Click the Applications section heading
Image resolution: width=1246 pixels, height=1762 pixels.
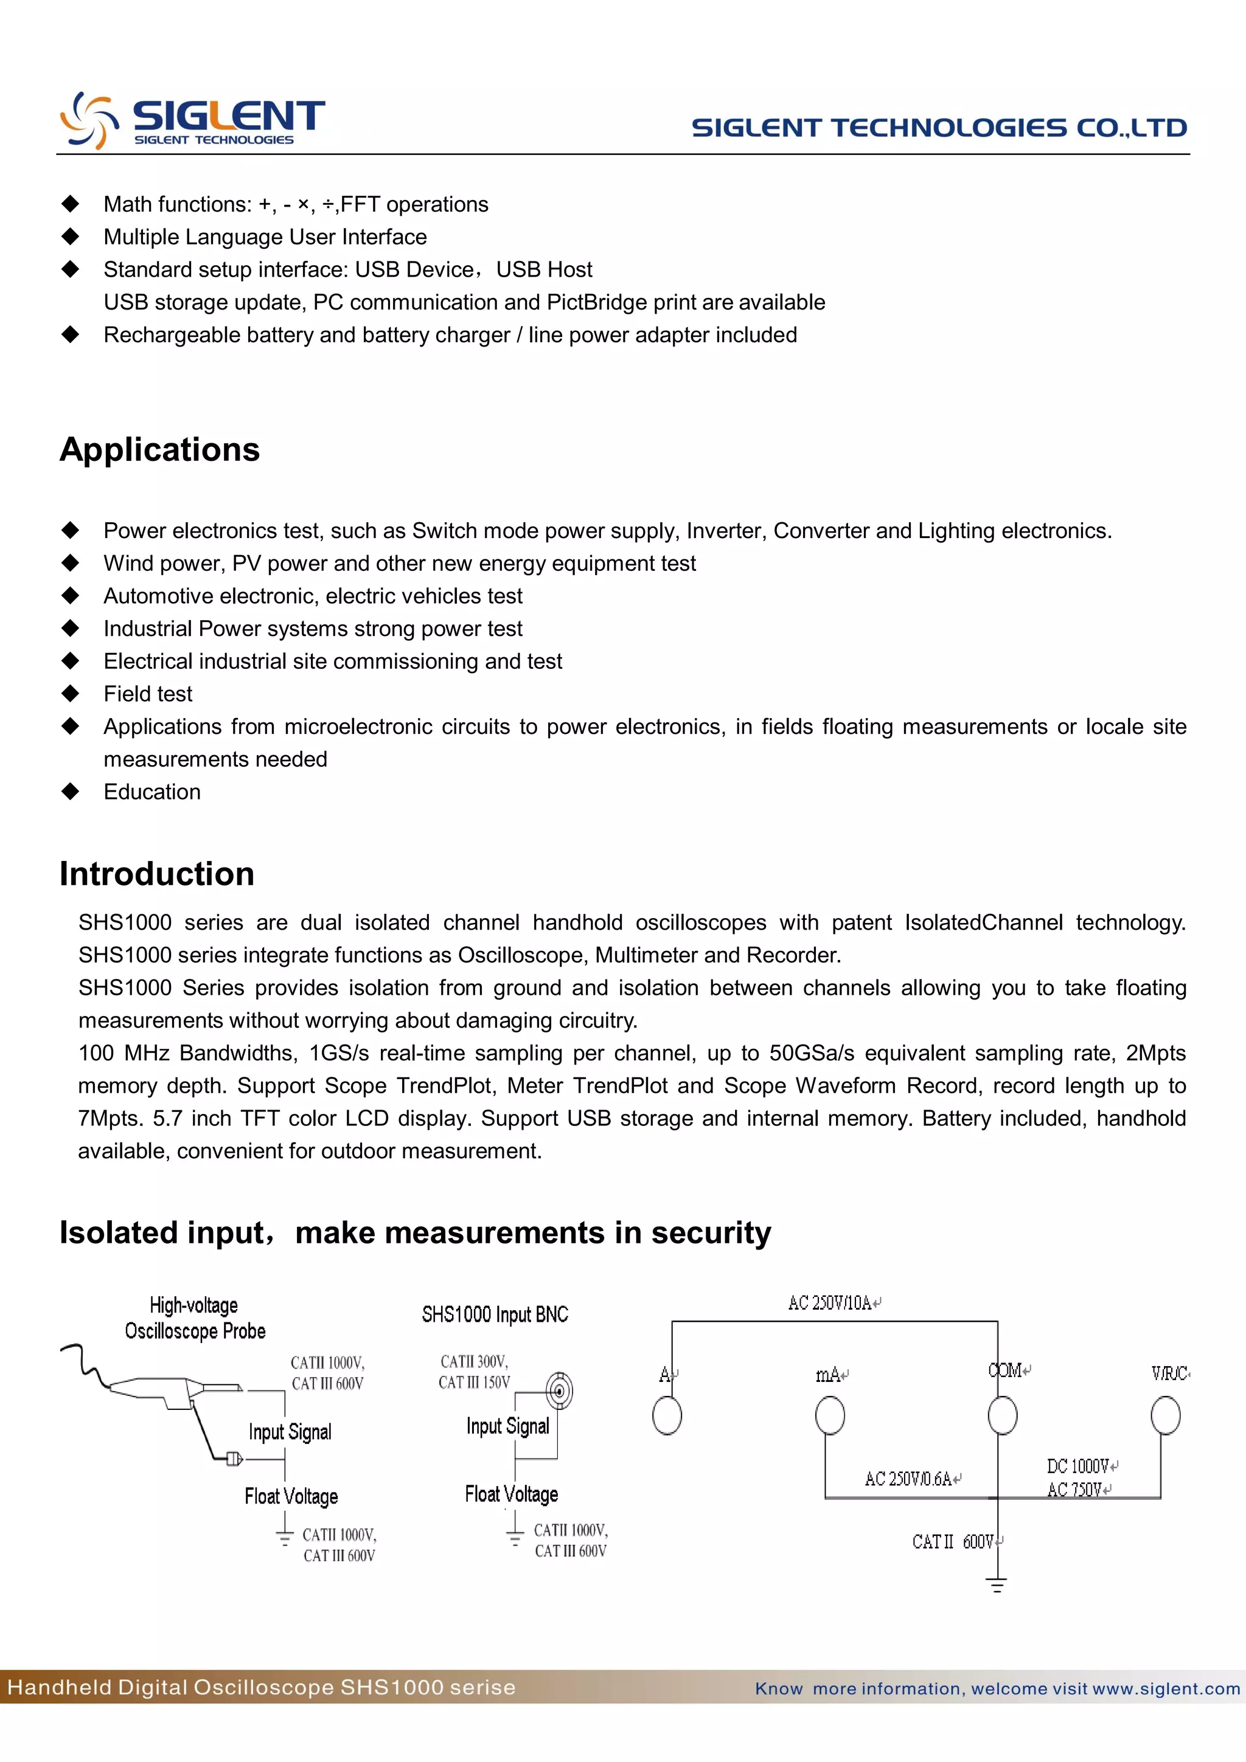pyautogui.click(x=159, y=450)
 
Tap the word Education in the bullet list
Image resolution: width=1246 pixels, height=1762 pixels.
pyautogui.click(x=152, y=792)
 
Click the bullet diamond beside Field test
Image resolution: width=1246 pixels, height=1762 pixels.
pyautogui.click(x=71, y=694)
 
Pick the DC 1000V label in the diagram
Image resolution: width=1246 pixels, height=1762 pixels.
pyautogui.click(x=1078, y=1466)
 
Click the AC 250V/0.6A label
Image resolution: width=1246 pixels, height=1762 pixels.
pyautogui.click(x=908, y=1478)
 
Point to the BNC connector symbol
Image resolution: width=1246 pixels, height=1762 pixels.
pyautogui.click(x=560, y=1391)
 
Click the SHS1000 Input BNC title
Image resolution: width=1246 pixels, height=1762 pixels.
pyautogui.click(x=495, y=1315)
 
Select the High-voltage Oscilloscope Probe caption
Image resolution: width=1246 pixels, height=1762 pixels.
pyautogui.click(x=195, y=1318)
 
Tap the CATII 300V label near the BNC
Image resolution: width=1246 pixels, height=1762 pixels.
pyautogui.click(x=474, y=1361)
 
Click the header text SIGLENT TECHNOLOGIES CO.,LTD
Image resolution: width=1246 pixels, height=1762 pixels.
pyautogui.click(x=939, y=128)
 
